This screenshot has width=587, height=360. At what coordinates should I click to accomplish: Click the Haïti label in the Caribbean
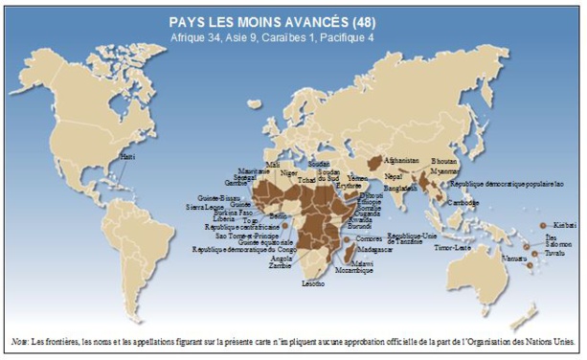pos(126,155)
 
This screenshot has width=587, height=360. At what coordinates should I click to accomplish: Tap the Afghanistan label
pos(399,160)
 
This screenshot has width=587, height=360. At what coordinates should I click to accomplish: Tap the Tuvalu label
pos(559,254)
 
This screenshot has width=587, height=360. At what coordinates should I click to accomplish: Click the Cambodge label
pos(464,204)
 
